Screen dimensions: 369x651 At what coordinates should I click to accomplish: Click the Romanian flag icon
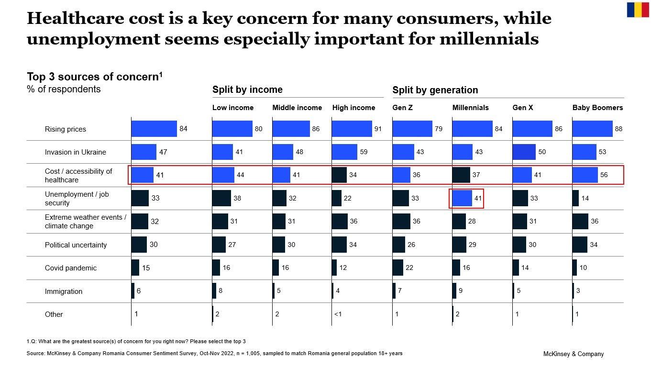[x=638, y=10]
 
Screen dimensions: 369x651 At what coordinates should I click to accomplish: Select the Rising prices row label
[x=66, y=129]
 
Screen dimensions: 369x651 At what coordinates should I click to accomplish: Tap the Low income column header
[x=233, y=108]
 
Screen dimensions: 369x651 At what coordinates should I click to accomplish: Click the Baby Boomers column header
[x=597, y=108]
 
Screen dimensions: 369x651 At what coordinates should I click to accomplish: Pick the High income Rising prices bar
[x=352, y=129]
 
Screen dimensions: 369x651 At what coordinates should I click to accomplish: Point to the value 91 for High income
[x=378, y=129]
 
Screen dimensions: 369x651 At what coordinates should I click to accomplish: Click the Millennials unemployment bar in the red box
[x=462, y=198]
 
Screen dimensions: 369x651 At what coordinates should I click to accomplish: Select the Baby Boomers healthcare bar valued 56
[x=585, y=175]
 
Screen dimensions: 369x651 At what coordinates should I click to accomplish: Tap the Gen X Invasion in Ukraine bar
[x=522, y=152]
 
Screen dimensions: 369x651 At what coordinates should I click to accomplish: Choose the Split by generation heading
[x=435, y=90]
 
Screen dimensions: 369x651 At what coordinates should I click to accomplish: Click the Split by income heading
[x=247, y=89]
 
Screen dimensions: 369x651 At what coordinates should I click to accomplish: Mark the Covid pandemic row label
[x=71, y=268]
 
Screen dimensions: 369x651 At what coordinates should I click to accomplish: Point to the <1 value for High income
[x=338, y=314]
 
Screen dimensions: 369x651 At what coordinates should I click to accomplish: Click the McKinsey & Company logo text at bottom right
[x=573, y=354]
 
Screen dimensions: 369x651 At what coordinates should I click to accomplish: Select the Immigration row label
[x=64, y=291]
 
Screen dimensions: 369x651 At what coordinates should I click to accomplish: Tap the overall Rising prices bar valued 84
[x=154, y=129]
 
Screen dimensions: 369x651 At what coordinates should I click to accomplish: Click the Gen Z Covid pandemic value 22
[x=409, y=268]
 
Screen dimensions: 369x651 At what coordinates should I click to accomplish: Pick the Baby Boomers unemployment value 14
[x=585, y=198]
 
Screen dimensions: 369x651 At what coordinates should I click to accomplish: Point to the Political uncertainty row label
[x=76, y=245]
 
